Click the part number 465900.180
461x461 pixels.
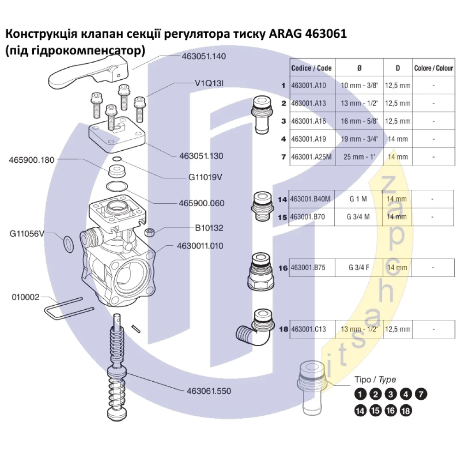point(31,160)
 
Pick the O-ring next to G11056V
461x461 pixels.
point(68,244)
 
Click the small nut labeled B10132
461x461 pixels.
point(150,231)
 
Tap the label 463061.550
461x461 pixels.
point(209,391)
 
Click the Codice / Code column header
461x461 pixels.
point(312,68)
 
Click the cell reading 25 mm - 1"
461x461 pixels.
point(360,157)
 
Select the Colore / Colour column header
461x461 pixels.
point(434,68)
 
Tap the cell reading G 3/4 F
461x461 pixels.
point(359,267)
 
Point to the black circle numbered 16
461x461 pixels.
point(390,410)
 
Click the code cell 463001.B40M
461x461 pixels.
point(311,199)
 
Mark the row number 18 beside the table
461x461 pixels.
point(283,330)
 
